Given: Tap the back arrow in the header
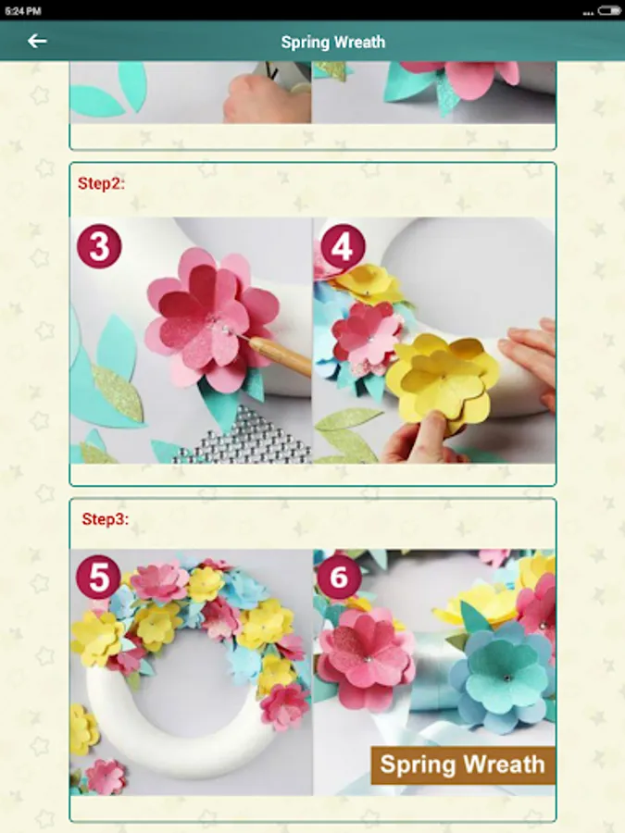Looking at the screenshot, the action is pos(37,41).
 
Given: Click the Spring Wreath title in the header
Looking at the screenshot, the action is pos(333,42).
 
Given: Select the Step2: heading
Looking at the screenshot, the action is pos(101,183).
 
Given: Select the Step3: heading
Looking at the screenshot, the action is pos(106,519).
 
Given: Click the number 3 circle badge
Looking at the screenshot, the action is pos(99,246).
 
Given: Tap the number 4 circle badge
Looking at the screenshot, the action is pos(343,246).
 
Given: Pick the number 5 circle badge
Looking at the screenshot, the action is pos(99,578).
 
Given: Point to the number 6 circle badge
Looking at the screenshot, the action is pos(339,578).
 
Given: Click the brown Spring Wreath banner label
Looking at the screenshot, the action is pos(463,765).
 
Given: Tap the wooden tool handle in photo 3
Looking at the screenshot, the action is pos(280,355).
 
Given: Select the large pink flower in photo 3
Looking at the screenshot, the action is pos(211,319).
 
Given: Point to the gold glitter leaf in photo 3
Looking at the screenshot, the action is pos(117,392).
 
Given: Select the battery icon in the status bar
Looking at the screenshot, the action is pos(608,10).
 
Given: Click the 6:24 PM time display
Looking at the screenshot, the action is pos(23,11).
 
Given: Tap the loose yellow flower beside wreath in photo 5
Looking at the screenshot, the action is pos(83,729).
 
